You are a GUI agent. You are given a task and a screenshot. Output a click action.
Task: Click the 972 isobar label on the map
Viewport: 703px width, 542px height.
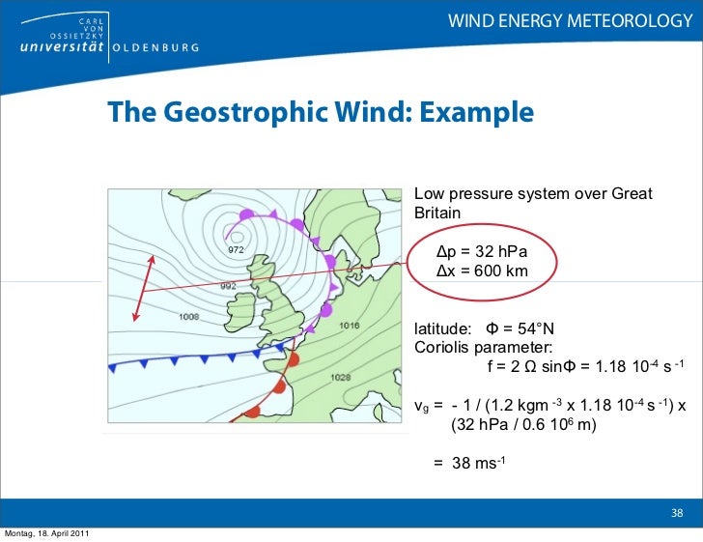pyautogui.click(x=237, y=250)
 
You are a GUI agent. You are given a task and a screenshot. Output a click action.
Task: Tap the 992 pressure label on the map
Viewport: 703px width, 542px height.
pyautogui.click(x=228, y=286)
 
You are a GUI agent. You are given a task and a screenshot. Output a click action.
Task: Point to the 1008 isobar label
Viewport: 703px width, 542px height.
pyautogui.click(x=188, y=316)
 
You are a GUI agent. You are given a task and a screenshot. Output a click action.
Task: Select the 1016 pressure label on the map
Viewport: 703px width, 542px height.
pyautogui.click(x=350, y=326)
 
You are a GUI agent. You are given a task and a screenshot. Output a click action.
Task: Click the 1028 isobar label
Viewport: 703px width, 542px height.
pyautogui.click(x=340, y=377)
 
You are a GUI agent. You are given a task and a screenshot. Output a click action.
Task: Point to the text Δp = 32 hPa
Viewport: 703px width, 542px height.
pyautogui.click(x=481, y=251)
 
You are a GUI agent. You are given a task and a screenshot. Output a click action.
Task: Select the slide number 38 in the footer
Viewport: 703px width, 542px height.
pyautogui.click(x=677, y=513)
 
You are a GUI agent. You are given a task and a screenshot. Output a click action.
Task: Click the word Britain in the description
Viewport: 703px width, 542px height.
pyautogui.click(x=437, y=213)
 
